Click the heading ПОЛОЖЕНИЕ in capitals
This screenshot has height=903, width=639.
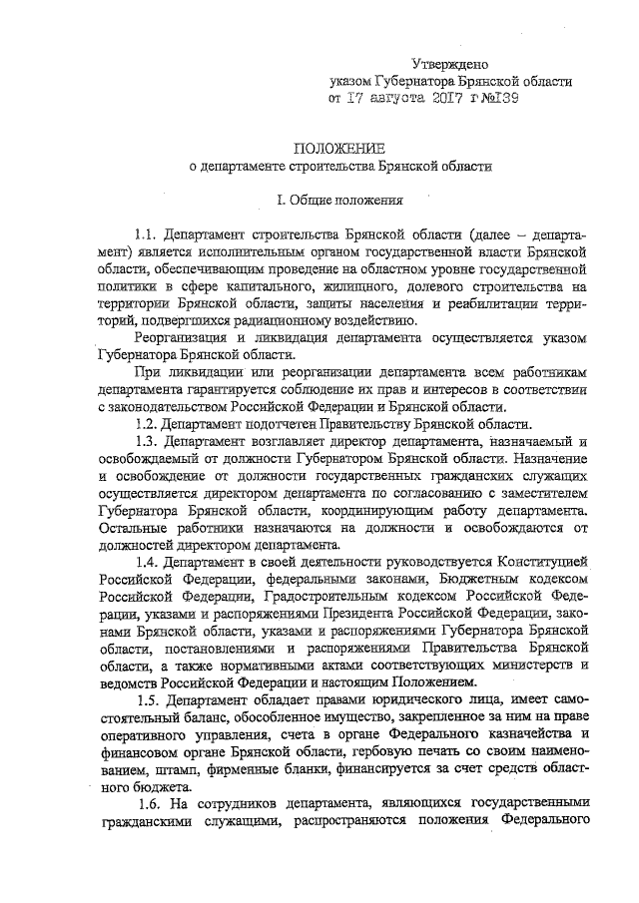point(341,148)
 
